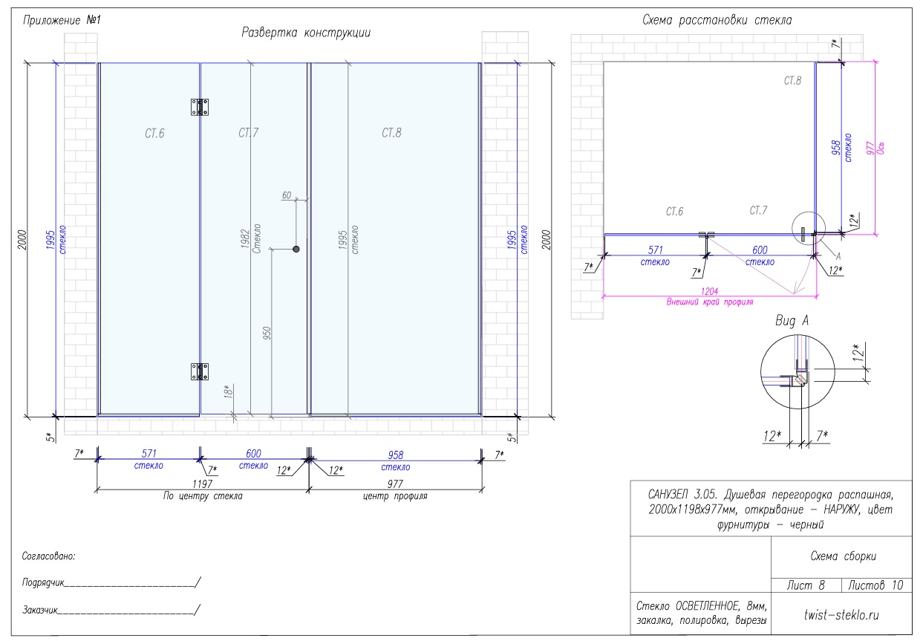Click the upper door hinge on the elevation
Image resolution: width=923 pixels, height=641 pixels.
click(x=200, y=107)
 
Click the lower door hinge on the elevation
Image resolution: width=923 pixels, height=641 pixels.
click(x=200, y=371)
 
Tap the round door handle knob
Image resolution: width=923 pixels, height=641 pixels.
click(x=296, y=249)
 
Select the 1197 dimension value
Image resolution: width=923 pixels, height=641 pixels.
click(x=202, y=484)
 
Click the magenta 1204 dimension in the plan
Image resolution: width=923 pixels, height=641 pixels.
click(x=710, y=291)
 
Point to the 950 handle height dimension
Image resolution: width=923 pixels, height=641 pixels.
click(x=267, y=333)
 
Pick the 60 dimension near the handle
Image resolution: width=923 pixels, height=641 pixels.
click(x=287, y=195)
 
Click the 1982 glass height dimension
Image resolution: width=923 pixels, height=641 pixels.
click(x=245, y=238)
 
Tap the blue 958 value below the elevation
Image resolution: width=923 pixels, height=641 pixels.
click(x=396, y=455)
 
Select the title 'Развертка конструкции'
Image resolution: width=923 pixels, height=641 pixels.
click(x=306, y=33)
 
